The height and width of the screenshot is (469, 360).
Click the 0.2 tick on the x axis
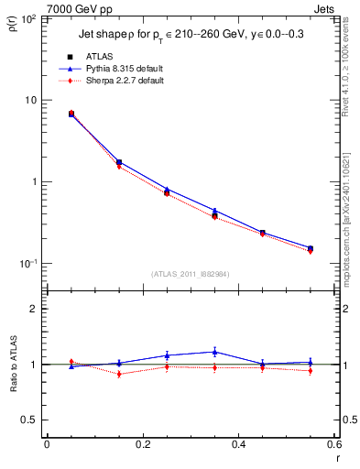[x=142, y=445]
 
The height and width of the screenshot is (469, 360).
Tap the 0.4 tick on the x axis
[x=238, y=445]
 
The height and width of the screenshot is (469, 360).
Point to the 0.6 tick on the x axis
[x=333, y=445]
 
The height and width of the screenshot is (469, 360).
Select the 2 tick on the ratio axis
[x=33, y=309]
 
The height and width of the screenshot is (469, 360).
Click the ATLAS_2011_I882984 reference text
[x=190, y=274]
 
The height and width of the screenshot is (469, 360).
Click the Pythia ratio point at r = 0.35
[x=214, y=352]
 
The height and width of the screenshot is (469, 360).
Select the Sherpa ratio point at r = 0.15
[x=118, y=374]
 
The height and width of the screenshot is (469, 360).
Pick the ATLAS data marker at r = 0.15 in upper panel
[x=118, y=162]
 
